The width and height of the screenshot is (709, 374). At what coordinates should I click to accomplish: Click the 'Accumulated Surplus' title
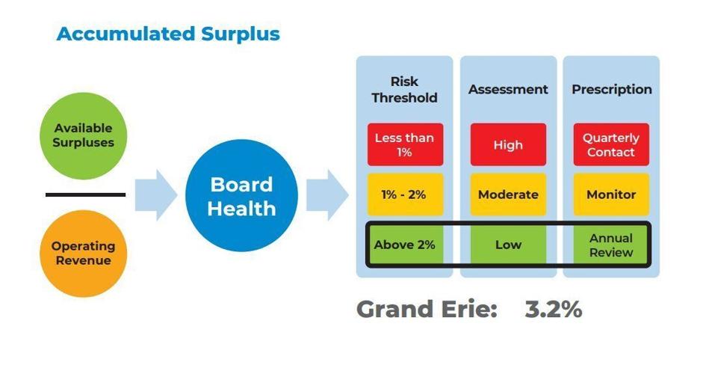pyautogui.click(x=168, y=34)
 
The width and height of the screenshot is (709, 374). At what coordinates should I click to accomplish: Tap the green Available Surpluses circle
pyautogui.click(x=83, y=136)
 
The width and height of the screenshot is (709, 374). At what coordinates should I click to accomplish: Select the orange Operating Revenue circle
pyautogui.click(x=83, y=254)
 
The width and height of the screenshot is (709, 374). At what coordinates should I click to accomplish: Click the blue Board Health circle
pyautogui.click(x=241, y=196)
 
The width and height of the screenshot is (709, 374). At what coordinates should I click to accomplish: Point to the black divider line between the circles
pyautogui.click(x=85, y=194)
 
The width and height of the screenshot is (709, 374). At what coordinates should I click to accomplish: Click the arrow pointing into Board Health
pyautogui.click(x=156, y=195)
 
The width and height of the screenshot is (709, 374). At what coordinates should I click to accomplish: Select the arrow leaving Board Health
pyautogui.click(x=327, y=195)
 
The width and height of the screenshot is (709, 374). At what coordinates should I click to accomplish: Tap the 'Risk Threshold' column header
pyautogui.click(x=404, y=90)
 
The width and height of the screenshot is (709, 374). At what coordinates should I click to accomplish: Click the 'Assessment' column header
pyautogui.click(x=508, y=89)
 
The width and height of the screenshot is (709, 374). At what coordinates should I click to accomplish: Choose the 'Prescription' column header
pyautogui.click(x=611, y=90)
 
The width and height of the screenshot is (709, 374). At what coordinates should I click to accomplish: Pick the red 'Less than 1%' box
pyautogui.click(x=405, y=144)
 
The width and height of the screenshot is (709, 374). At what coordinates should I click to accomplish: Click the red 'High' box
pyautogui.click(x=508, y=144)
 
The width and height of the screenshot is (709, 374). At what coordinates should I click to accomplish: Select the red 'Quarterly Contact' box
pyautogui.click(x=611, y=144)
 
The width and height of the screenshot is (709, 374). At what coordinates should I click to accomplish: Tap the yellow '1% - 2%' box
pyautogui.click(x=405, y=194)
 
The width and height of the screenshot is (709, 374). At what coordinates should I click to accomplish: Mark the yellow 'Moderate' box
pyautogui.click(x=508, y=194)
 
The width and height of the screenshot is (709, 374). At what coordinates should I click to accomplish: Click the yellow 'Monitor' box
pyautogui.click(x=611, y=194)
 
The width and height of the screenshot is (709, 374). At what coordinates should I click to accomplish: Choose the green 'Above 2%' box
pyautogui.click(x=405, y=245)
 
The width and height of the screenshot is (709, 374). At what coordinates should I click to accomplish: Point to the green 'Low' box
pyautogui.click(x=508, y=245)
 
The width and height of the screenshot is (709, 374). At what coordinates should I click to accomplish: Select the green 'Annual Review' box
pyautogui.click(x=611, y=245)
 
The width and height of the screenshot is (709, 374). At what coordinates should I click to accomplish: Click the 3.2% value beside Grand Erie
pyautogui.click(x=554, y=310)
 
